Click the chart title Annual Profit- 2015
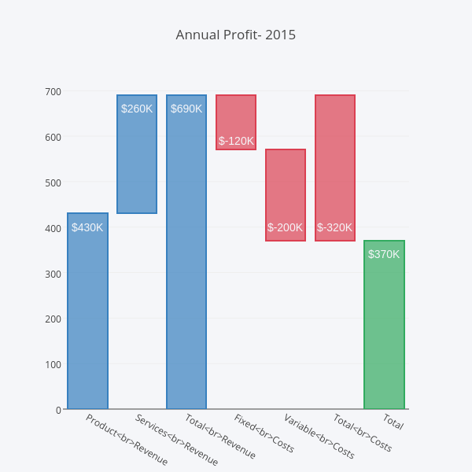click(x=236, y=35)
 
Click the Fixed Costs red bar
click(x=236, y=118)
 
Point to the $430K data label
click(x=87, y=228)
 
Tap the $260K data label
click(x=137, y=109)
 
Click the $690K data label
click(x=186, y=109)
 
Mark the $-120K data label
click(x=236, y=141)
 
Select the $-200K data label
click(x=286, y=228)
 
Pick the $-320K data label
click(x=335, y=228)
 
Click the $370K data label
click(x=384, y=254)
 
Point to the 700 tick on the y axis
click(x=53, y=91)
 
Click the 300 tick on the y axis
click(x=53, y=274)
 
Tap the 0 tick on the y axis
click(x=58, y=410)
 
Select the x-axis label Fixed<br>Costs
click(x=264, y=433)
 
